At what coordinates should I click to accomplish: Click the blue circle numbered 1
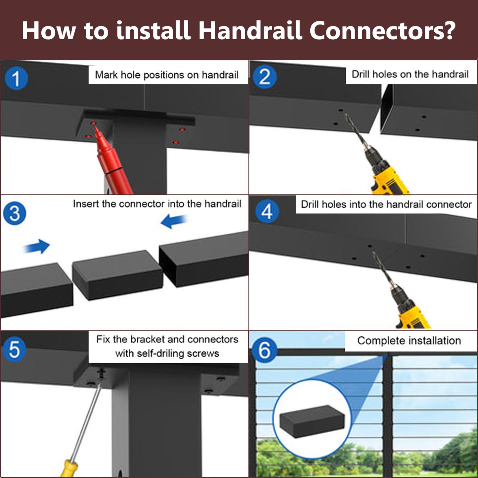tap(16, 78)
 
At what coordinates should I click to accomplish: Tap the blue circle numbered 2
tap(265, 77)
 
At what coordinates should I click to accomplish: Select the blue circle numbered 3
tap(15, 213)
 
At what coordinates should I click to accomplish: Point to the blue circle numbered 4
tap(267, 212)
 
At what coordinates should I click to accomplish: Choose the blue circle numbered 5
tap(14, 349)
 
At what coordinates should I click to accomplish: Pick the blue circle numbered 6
tap(264, 351)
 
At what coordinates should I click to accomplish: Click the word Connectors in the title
tap(382, 30)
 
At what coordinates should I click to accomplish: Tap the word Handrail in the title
tap(250, 30)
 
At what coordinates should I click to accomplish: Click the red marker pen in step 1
tap(113, 161)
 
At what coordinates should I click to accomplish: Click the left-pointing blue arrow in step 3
tap(174, 221)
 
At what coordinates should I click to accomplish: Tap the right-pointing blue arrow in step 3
tap(37, 246)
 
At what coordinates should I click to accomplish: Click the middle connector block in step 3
tap(117, 275)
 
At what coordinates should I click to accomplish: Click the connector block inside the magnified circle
tap(312, 421)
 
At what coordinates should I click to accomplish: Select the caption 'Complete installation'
tap(409, 341)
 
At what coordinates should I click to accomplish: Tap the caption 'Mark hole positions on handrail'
tap(167, 75)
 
